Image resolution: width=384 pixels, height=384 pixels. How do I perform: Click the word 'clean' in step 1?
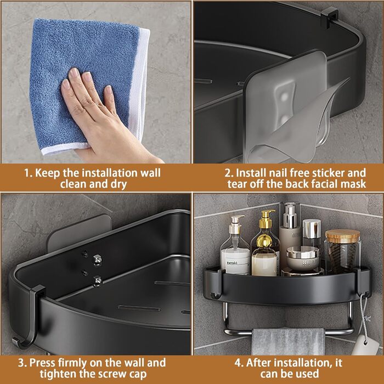click(x=73, y=184)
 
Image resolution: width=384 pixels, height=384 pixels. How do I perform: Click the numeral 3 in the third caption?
click(x=21, y=363)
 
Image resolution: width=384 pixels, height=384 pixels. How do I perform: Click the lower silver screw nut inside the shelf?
click(x=97, y=281)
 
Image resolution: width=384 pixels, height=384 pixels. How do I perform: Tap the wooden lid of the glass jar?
click(x=343, y=236)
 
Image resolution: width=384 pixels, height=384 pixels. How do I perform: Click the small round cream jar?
click(x=303, y=258)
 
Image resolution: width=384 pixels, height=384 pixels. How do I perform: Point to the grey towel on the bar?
click(x=288, y=341)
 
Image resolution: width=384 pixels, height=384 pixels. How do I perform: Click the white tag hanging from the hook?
click(x=365, y=345)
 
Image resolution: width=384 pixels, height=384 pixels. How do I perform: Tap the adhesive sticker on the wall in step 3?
click(x=78, y=233)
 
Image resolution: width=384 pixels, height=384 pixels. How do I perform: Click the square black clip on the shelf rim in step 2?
click(x=329, y=16)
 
